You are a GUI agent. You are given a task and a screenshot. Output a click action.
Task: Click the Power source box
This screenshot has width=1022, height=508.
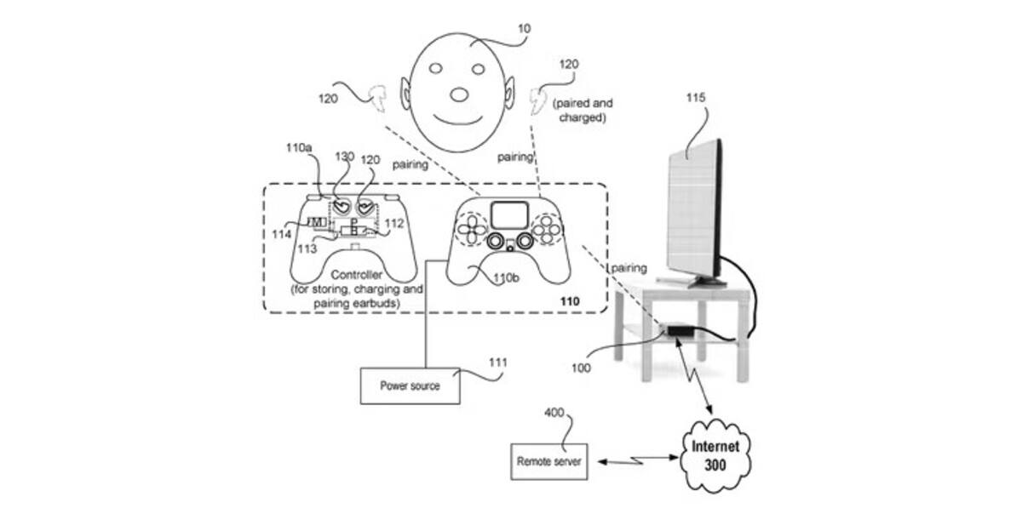pos(410,385)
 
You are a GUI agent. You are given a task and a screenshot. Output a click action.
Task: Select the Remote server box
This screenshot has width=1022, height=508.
pos(548,461)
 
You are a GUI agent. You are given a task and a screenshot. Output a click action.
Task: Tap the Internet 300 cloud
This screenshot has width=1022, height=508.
pos(715,455)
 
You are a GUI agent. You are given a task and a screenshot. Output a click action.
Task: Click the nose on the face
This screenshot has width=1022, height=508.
pos(459,94)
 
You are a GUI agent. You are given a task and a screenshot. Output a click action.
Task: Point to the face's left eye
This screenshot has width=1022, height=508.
pos(436,68)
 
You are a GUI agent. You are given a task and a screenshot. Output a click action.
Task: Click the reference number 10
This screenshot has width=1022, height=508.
pos(525,29)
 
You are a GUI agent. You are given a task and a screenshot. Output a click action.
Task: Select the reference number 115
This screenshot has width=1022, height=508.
pos(696,98)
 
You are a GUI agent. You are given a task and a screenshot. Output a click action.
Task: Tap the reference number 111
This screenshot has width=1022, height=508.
pos(497,362)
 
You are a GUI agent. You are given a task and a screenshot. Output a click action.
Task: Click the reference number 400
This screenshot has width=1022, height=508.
pos(554,413)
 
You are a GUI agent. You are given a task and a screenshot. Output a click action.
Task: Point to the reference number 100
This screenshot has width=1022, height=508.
pos(581,368)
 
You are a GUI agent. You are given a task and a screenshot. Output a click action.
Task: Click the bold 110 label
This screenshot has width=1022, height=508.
pos(570,301)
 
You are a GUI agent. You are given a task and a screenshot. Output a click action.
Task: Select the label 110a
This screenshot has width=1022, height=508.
pos(299,148)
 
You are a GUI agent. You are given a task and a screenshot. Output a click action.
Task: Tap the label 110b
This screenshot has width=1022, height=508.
pos(506,278)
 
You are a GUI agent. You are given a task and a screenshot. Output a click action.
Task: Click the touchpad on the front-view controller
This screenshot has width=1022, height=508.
pos(509,215)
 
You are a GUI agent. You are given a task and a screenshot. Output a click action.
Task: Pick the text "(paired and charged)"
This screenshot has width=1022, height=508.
pos(583,111)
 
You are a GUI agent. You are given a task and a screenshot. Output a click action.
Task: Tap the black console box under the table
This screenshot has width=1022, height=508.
pos(680,331)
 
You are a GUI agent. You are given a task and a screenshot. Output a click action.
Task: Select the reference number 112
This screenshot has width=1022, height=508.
pos(394,223)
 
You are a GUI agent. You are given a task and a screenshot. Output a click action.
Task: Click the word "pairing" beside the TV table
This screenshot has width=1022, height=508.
pos(629,268)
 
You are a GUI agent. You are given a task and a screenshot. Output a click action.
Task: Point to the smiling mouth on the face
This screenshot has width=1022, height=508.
pos(457,121)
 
